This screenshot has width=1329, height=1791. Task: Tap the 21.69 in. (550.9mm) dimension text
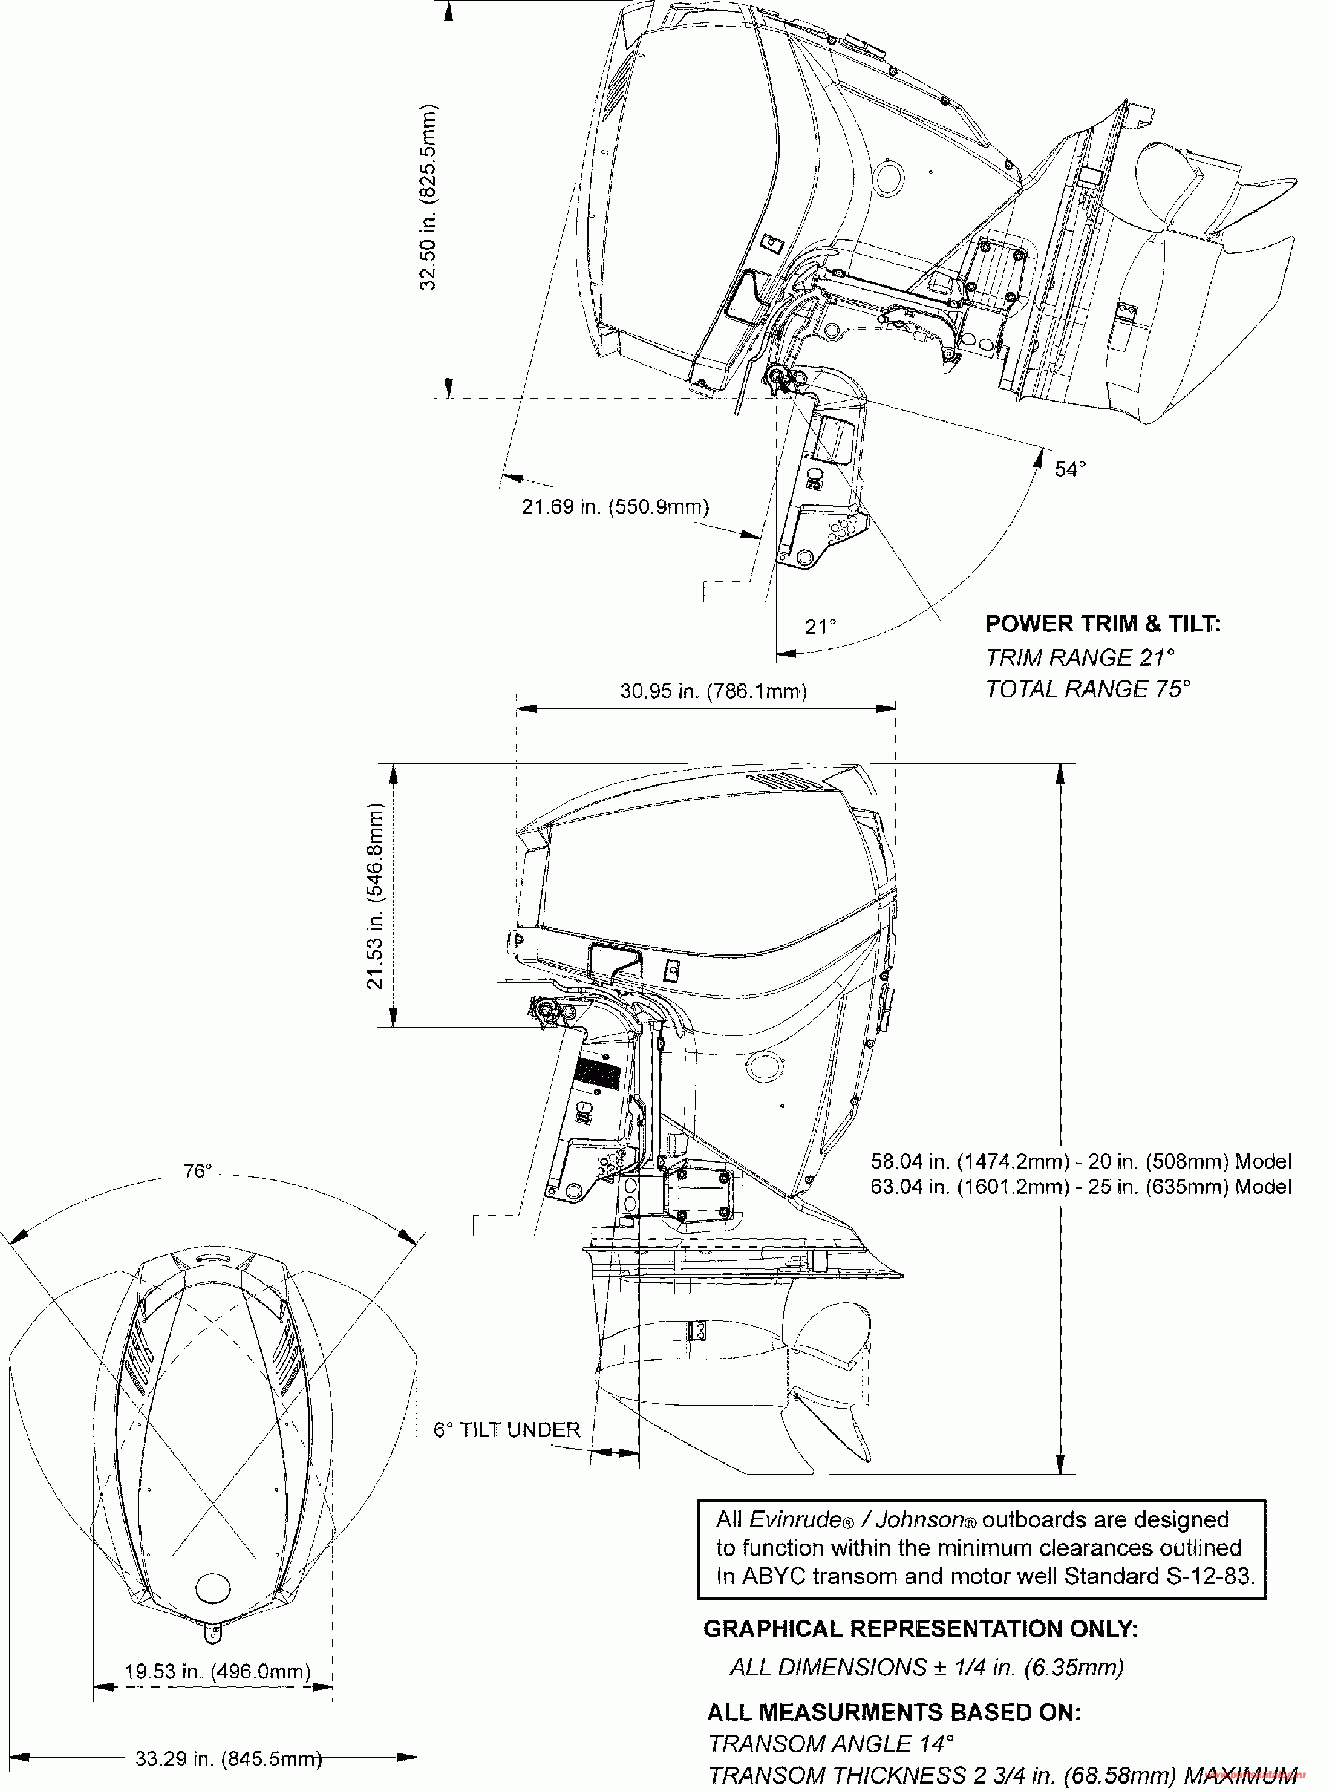(616, 506)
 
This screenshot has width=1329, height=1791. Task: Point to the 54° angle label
(1070, 469)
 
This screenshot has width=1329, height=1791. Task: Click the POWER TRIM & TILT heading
(1103, 624)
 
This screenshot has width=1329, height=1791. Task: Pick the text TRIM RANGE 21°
(1080, 658)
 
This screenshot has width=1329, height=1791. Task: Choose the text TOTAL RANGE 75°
(1088, 689)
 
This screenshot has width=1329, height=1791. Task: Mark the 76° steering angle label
(197, 1172)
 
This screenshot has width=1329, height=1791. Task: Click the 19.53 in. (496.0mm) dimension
(217, 1672)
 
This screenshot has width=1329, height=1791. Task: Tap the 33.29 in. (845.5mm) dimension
(229, 1759)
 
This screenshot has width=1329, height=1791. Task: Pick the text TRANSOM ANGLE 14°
(831, 1744)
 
